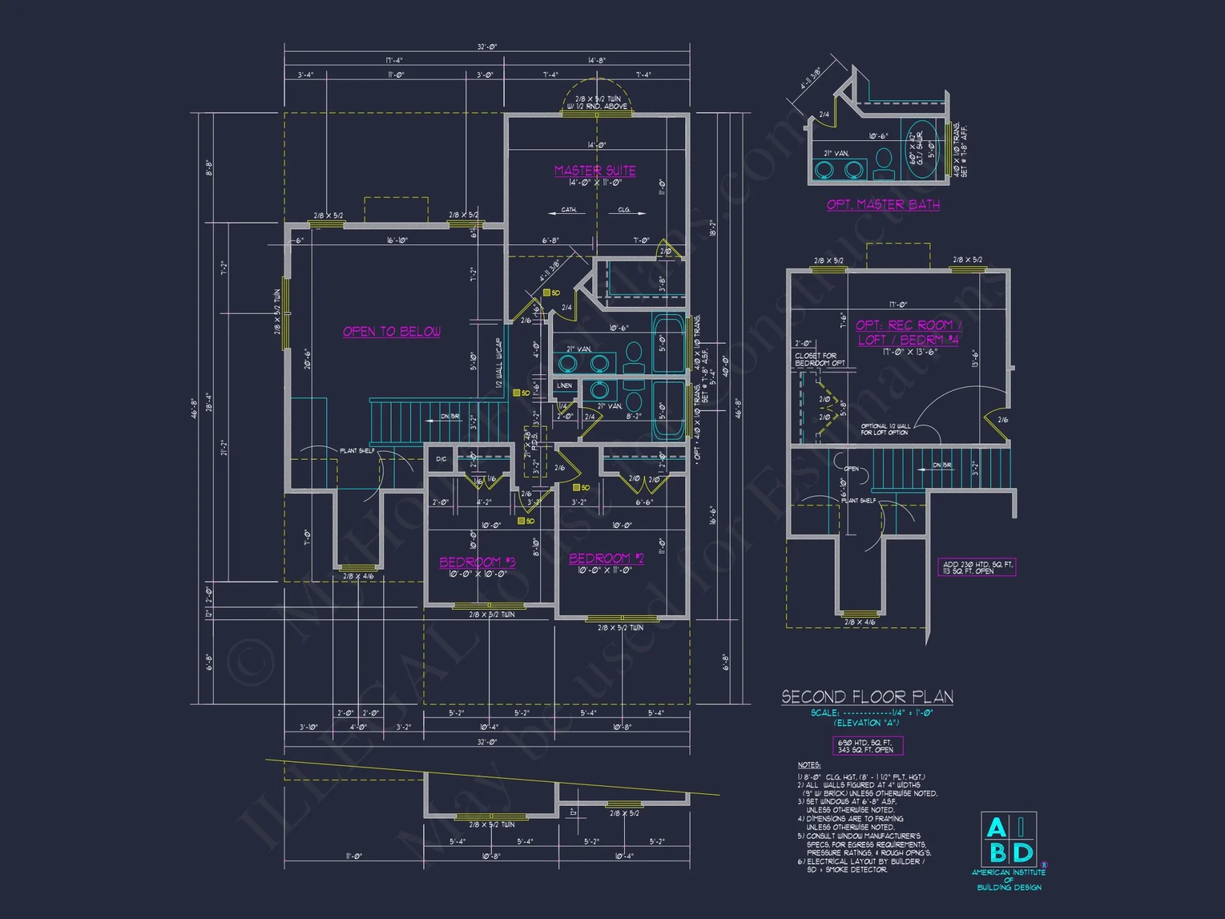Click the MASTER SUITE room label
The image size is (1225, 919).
[x=595, y=170]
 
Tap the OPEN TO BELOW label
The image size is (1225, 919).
[x=391, y=331]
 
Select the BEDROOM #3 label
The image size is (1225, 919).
[x=477, y=562]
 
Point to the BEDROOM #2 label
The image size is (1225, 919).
[x=606, y=558]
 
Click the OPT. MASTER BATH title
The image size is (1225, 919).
[x=883, y=205]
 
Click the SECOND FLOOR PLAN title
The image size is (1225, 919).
[x=867, y=697]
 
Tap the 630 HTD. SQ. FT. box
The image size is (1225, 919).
[x=867, y=746]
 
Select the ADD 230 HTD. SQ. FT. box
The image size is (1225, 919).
[x=976, y=567]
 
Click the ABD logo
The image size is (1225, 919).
[x=1009, y=839]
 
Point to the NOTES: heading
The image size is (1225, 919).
[x=809, y=765]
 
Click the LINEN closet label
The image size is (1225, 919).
[x=564, y=385]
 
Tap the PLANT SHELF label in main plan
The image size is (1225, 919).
[x=357, y=451]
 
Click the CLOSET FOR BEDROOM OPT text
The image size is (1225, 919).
[x=820, y=360]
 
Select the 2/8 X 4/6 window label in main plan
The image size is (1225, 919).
[x=358, y=577]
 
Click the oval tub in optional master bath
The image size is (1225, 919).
[x=923, y=149]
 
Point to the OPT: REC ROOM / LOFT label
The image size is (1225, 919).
[x=908, y=332]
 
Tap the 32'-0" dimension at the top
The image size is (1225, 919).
[x=487, y=47]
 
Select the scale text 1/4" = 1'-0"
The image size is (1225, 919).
[x=912, y=713]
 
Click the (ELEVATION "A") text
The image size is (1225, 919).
[x=865, y=723]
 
